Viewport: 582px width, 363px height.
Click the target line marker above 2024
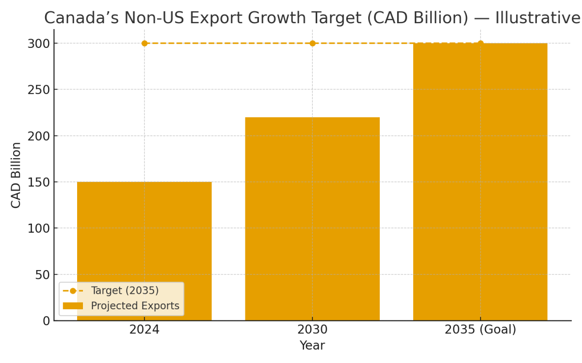click(x=145, y=43)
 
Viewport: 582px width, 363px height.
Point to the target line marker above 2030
click(x=312, y=43)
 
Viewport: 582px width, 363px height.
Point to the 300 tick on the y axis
click(x=38, y=44)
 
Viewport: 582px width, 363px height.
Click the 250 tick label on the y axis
click(x=38, y=90)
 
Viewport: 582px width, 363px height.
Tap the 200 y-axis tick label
click(x=38, y=136)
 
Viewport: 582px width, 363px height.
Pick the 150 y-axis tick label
click(x=38, y=182)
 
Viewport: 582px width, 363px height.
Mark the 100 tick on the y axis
click(x=38, y=228)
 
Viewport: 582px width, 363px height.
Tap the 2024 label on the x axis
click(x=144, y=330)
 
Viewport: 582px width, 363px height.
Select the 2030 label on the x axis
click(x=312, y=330)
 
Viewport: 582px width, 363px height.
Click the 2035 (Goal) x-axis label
click(x=480, y=330)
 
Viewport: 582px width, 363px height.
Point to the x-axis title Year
click(x=312, y=346)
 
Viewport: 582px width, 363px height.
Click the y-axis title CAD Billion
click(x=16, y=175)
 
